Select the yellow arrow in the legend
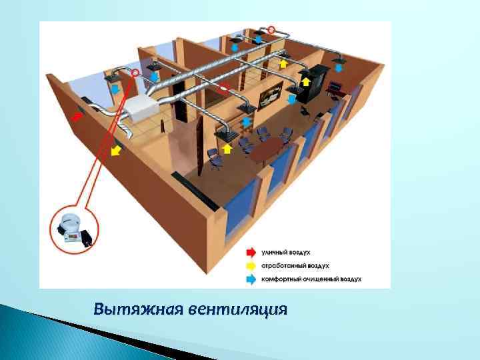coord(251,266)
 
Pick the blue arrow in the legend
coord(251,279)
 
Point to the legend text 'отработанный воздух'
coord(294,266)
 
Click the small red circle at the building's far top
coord(271,29)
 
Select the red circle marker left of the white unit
coord(136,71)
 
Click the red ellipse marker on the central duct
coord(224,87)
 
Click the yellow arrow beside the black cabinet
coord(306,82)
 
